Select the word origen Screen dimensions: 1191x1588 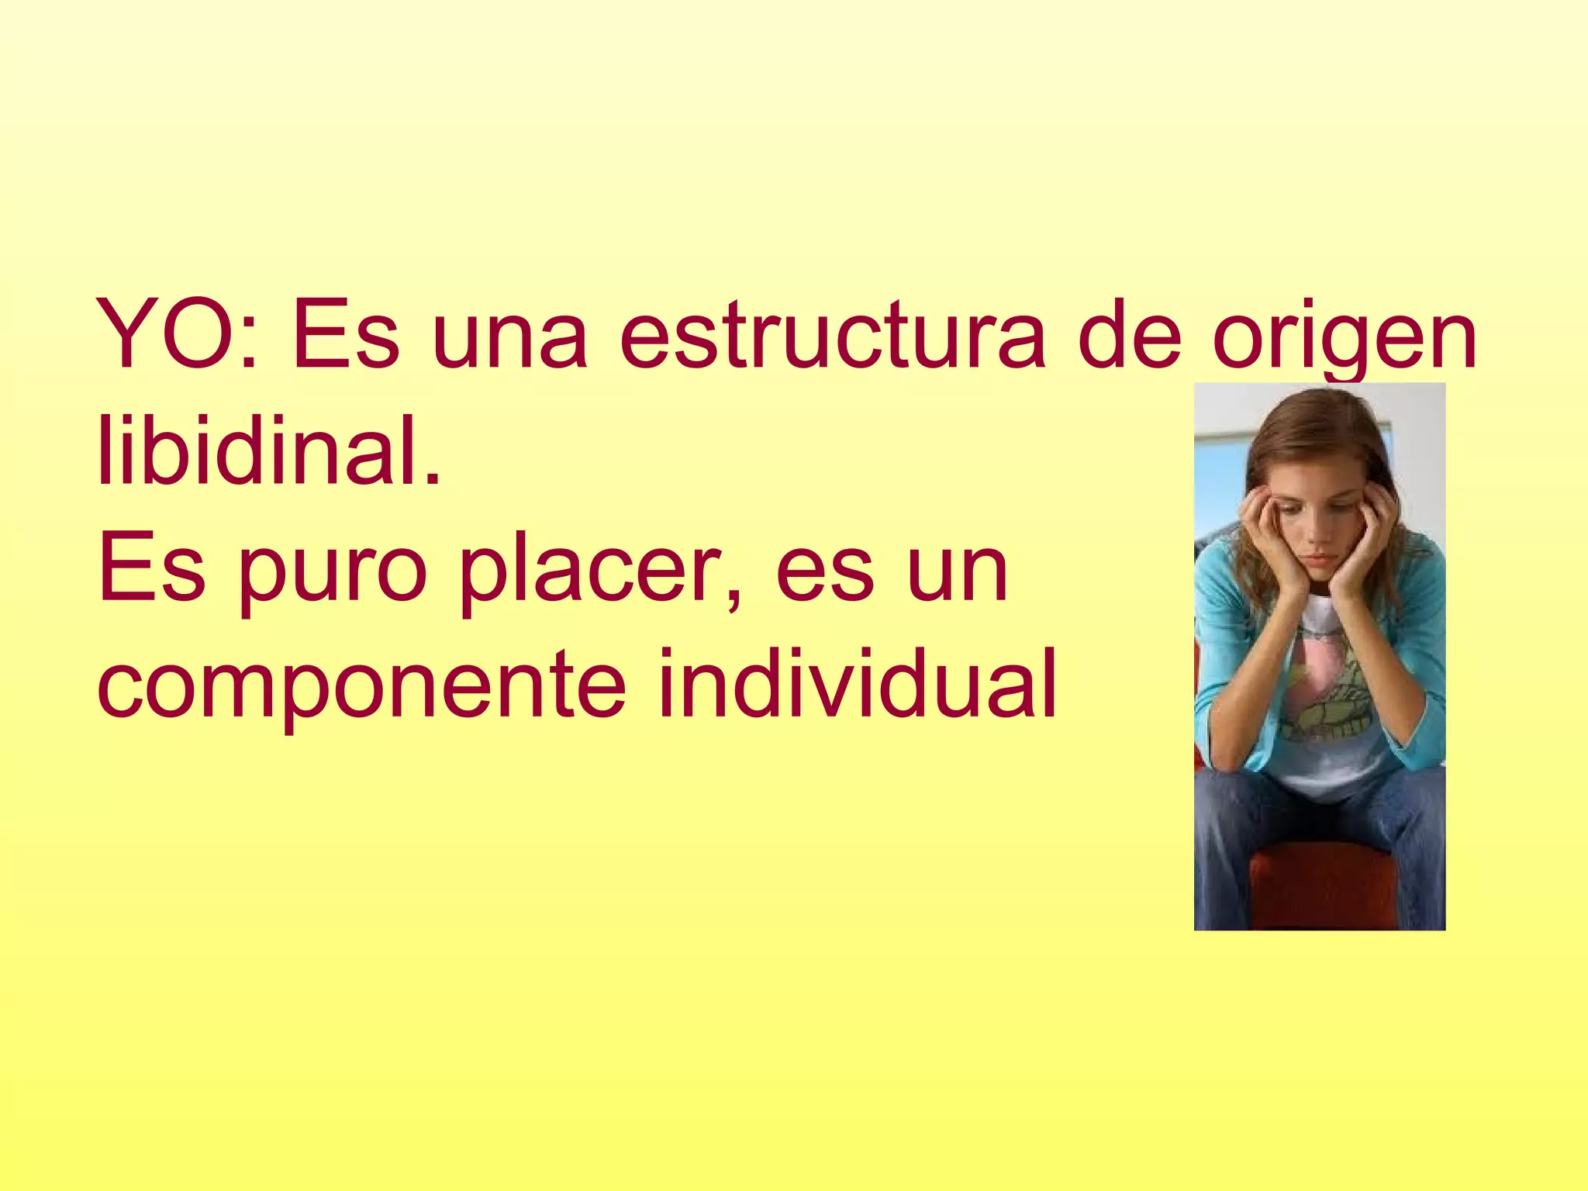(1344, 341)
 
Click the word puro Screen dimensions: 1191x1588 (333, 574)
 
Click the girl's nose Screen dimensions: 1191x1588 (1317, 535)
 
